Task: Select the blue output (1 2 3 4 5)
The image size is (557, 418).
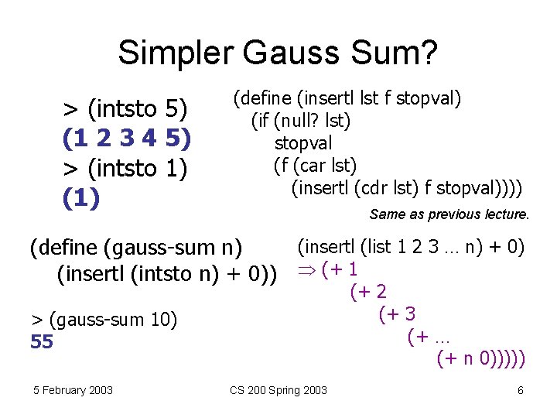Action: pyautogui.click(x=127, y=139)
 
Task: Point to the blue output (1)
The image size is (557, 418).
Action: pyautogui.click(x=81, y=198)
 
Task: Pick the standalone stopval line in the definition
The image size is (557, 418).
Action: pyautogui.click(x=303, y=143)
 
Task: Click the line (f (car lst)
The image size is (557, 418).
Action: pyautogui.click(x=315, y=165)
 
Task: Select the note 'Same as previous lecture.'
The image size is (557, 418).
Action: pyautogui.click(x=449, y=214)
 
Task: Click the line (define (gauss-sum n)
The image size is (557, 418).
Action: pyautogui.click(x=135, y=248)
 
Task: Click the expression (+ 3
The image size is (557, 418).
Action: pyautogui.click(x=397, y=314)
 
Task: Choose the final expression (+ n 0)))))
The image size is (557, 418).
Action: pyautogui.click(x=481, y=358)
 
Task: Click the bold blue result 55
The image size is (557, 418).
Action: pyautogui.click(x=42, y=341)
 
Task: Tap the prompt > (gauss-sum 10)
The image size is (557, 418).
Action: pyautogui.click(x=104, y=319)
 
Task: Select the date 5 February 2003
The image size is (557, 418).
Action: pyautogui.click(x=72, y=390)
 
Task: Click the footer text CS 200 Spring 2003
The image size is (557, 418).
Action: pyautogui.click(x=278, y=390)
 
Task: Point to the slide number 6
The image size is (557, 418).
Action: pyautogui.click(x=520, y=390)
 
